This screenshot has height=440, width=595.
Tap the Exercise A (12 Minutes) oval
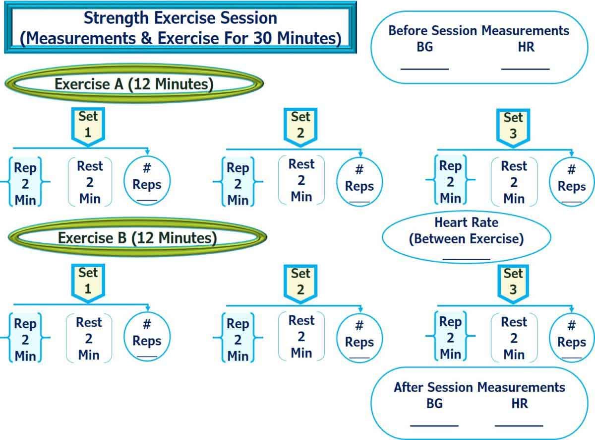(x=134, y=84)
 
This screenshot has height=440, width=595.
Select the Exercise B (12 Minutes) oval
(x=137, y=238)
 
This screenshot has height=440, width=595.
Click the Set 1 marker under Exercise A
(x=88, y=125)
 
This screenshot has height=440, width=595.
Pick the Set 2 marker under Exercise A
(x=300, y=126)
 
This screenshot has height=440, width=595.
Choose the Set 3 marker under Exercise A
(x=513, y=126)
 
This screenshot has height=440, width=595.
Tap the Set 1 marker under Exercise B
(x=88, y=281)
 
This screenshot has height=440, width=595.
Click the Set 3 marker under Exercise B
(x=513, y=282)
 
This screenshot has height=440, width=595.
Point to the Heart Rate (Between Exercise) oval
(x=466, y=236)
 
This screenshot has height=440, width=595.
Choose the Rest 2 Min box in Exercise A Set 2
(x=301, y=180)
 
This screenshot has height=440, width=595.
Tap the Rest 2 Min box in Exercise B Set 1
(x=89, y=339)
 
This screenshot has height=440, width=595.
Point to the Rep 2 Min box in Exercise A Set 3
(x=450, y=181)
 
